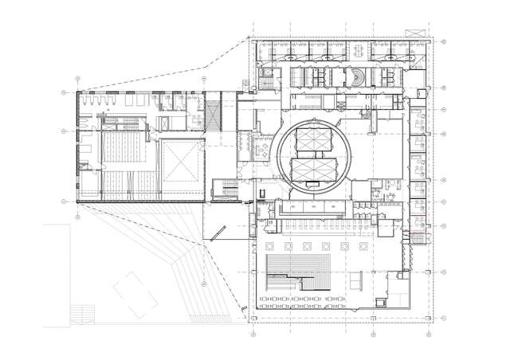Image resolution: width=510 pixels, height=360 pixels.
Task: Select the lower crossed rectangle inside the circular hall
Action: point(315,169)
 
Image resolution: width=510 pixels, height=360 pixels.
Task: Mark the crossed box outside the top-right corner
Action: point(414,31)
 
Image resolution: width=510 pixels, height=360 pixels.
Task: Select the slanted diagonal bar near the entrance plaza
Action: point(224,231)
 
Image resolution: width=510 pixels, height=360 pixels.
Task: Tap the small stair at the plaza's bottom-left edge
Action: point(80,313)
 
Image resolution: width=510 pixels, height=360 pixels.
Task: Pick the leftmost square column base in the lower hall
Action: point(269,245)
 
